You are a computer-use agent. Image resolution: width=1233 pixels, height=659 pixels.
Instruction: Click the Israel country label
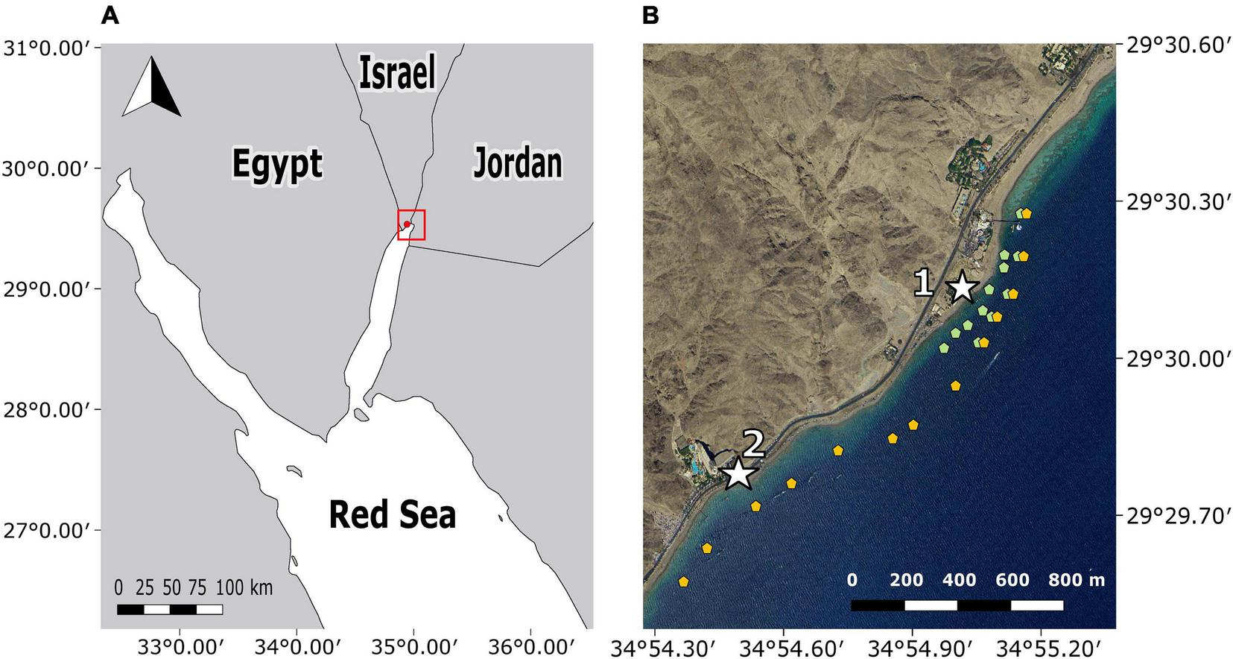pos(396,73)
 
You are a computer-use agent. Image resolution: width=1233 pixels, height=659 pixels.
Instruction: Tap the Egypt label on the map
pos(277,164)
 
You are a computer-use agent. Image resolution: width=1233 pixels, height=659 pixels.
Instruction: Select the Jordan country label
pos(518,163)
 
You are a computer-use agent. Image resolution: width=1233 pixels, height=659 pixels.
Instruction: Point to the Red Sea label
pos(392,514)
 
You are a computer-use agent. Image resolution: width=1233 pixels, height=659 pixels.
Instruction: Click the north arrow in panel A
pos(152,87)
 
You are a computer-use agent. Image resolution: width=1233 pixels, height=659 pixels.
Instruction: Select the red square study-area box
pos(411,224)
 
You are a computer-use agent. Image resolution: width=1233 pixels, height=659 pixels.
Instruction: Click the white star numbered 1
pos(962,287)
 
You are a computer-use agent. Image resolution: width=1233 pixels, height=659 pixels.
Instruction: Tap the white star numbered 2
pos(738,473)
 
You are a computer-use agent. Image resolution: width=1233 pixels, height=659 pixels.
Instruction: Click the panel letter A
pos(110,15)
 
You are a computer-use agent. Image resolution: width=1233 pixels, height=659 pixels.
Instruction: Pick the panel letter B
pos(650,15)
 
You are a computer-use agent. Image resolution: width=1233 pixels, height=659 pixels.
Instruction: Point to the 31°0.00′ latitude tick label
pos(47,48)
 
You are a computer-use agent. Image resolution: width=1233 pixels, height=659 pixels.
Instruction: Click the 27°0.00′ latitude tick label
pos(47,531)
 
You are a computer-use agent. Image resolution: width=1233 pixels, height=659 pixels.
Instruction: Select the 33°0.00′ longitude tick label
pos(177,646)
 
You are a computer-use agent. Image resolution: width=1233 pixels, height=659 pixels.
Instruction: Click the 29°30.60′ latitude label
pos(1176,46)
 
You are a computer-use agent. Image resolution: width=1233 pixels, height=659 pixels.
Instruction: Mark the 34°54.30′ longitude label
pos(653,646)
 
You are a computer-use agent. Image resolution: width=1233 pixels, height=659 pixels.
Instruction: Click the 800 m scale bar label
pos(1077,580)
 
